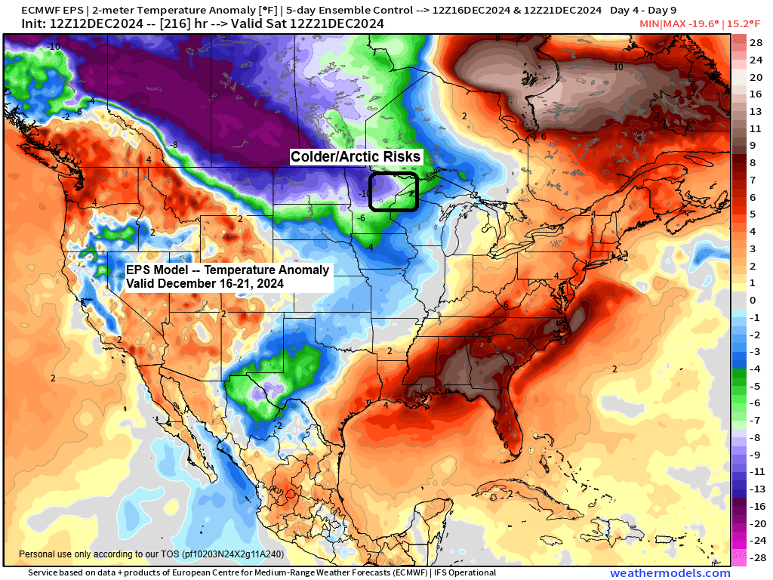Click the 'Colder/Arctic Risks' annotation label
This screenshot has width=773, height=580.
356,156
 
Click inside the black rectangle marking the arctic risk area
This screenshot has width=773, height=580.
393,192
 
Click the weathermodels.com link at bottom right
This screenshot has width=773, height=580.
670,573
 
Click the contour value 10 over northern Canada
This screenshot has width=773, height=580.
617,67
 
